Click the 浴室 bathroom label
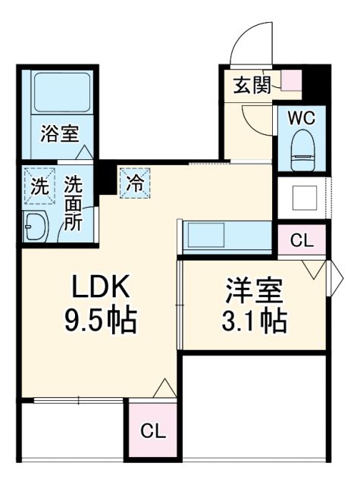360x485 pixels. point(58,135)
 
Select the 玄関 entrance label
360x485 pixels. point(250,85)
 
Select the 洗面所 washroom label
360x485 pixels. point(74,203)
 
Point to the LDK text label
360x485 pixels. point(102,289)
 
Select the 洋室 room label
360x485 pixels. point(254,292)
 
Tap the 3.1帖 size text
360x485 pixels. point(254,323)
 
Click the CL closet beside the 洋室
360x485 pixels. point(301,242)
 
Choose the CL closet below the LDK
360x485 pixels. point(152,431)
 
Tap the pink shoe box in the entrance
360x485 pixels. point(292,80)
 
